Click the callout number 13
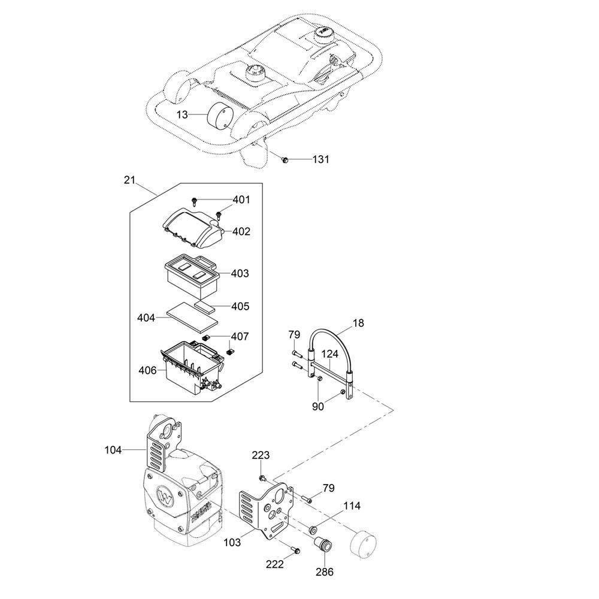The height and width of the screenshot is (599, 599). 182,114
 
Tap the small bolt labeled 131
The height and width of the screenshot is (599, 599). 284,159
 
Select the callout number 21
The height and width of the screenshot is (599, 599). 129,180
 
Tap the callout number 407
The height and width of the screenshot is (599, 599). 240,337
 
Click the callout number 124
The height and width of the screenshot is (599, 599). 329,354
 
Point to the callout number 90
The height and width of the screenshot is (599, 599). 318,407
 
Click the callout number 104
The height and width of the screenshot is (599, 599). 113,450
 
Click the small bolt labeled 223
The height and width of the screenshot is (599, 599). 262,478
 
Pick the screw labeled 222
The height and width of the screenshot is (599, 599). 296,550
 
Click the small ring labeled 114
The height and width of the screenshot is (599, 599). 313,530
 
